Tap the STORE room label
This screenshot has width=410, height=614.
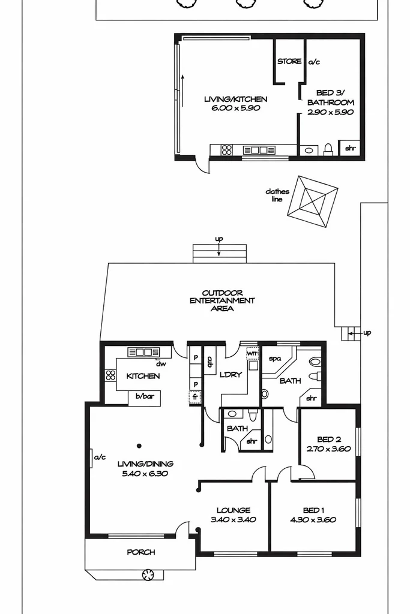[x=289, y=62]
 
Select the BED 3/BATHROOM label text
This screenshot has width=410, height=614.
[x=335, y=98]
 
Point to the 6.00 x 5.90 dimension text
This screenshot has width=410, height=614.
[x=235, y=109]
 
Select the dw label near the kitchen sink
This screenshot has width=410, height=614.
[x=161, y=363]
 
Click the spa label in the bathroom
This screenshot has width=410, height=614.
[x=275, y=359]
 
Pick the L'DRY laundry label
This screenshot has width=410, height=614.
[x=231, y=375]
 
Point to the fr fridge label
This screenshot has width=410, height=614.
[x=195, y=397]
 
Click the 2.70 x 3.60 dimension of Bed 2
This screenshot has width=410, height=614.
[x=328, y=449]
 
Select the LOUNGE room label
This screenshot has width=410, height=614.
[x=234, y=510]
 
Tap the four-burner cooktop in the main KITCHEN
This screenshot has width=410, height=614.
[x=110, y=376]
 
